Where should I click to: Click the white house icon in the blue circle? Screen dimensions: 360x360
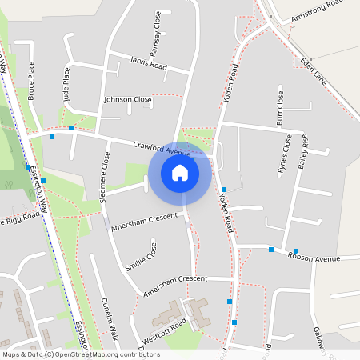pos(180,172)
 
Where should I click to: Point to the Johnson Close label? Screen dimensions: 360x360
pos(127,100)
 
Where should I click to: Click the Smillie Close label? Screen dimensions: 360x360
pos(141,258)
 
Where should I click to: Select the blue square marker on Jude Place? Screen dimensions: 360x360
pos(71,128)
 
